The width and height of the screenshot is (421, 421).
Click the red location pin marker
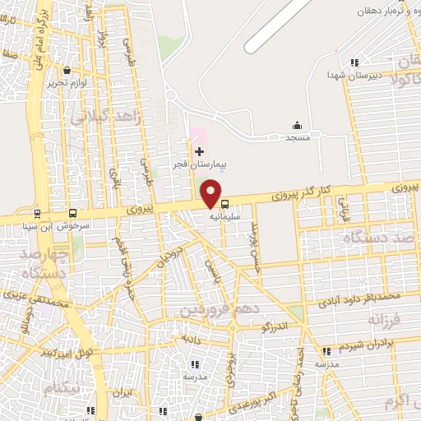(212, 193)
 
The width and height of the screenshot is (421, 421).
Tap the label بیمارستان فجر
(197, 165)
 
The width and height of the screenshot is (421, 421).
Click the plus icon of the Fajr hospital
(199, 151)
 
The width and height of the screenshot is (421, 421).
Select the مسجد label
(297, 138)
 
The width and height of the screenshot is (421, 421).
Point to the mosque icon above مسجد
(297, 125)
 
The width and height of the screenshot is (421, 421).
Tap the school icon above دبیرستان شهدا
(354, 62)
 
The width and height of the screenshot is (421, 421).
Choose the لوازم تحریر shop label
(67, 83)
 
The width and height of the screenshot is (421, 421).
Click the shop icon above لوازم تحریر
(77, 71)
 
